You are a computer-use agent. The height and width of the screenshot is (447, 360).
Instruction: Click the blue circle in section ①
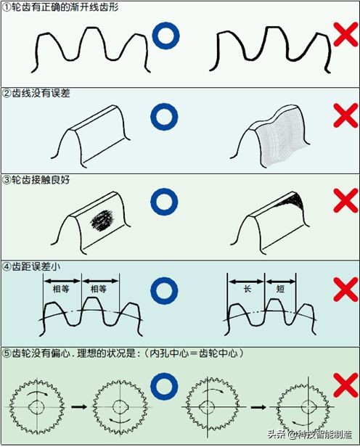point(166,36)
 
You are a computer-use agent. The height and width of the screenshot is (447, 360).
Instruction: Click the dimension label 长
point(246,289)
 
